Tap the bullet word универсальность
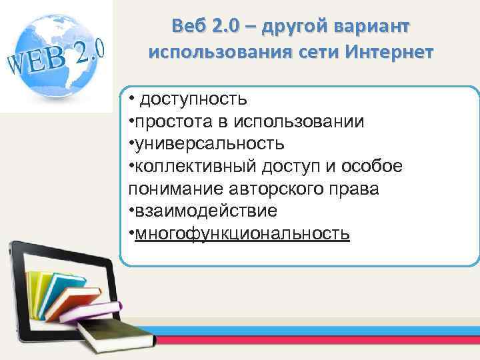coord(209,144)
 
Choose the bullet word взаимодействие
coord(205,211)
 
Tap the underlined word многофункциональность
coord(242,233)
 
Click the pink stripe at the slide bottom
coord(300,347)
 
